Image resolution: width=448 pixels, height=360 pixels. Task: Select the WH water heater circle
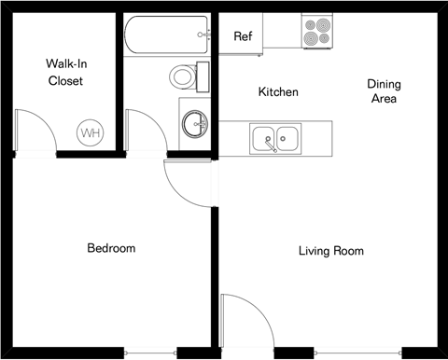coord(91,133)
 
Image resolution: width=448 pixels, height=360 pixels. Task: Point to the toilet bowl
coord(183,75)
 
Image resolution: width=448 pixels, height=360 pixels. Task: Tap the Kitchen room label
coord(278,92)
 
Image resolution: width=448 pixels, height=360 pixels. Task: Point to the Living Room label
coord(330,251)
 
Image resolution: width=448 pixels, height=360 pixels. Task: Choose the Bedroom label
coord(111,248)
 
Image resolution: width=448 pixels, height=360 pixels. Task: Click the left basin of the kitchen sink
coord(264,140)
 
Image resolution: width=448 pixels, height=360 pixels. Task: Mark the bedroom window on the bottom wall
coord(149,353)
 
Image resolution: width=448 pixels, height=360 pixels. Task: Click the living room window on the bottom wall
coord(359,353)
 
